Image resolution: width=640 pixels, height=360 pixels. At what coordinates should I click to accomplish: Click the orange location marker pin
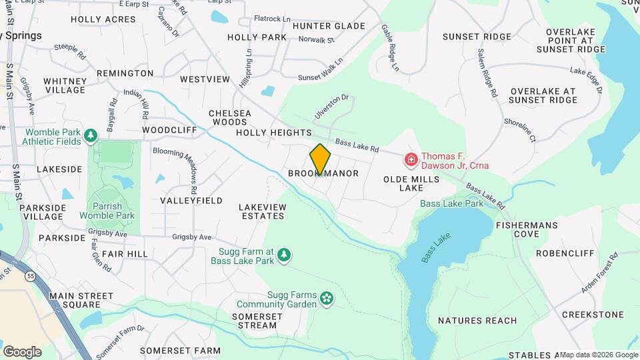320,159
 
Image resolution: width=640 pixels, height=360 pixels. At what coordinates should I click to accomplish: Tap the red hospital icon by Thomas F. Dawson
411,160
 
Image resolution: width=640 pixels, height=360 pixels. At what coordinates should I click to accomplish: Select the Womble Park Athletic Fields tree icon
91,136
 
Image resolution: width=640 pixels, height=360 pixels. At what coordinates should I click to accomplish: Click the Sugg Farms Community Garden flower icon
327,298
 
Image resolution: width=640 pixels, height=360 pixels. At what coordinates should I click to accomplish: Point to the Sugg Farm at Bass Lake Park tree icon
285,255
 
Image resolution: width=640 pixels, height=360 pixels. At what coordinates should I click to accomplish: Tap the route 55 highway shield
31,275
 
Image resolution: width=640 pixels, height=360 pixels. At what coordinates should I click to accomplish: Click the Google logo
22,352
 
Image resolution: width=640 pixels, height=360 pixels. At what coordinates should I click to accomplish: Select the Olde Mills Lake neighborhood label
411,183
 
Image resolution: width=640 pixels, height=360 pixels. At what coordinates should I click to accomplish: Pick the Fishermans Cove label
527,229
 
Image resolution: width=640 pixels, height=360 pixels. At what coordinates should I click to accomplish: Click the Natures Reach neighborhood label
478,321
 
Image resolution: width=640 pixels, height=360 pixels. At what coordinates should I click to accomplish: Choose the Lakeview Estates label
263,211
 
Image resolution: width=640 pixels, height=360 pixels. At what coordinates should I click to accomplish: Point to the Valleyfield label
191,200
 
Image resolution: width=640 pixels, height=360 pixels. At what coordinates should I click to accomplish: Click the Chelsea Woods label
230,117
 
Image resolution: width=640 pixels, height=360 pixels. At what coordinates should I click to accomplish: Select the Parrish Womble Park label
107,211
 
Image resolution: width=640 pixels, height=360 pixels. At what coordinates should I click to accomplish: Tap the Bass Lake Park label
451,203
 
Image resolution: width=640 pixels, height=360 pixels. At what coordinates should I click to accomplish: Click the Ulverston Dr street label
332,107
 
